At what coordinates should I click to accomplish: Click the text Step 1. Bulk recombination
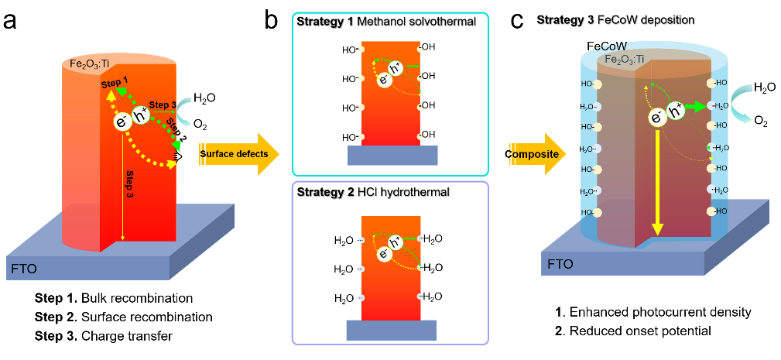point(113,298)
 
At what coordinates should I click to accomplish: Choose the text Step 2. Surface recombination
point(123,317)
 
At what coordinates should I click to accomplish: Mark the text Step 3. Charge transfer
point(104,336)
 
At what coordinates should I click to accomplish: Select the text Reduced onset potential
point(639,331)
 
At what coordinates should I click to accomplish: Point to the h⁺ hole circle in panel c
point(675,112)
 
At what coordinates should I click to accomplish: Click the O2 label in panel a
point(200,124)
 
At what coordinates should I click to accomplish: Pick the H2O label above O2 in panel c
point(766,87)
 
